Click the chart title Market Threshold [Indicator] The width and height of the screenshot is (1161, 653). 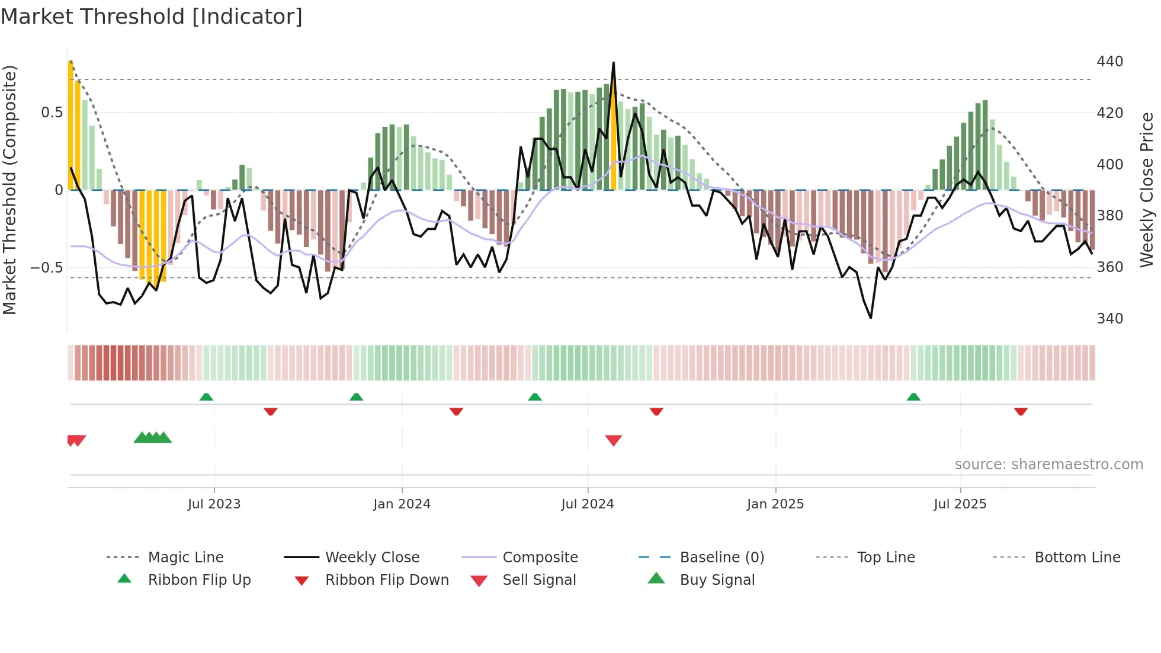point(152,17)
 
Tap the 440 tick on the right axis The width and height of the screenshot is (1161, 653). point(1109,62)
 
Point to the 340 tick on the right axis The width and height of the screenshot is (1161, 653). point(1109,319)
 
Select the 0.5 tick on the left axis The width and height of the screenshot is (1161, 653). point(52,113)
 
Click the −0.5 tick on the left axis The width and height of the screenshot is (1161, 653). point(47,267)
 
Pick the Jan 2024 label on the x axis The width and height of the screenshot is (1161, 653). point(402,504)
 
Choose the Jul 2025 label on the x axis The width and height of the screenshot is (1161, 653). point(960,504)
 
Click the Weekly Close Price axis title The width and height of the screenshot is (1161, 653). point(1147,190)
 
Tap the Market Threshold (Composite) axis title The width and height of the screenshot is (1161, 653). point(9,190)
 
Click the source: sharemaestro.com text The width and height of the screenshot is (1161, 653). point(1048,465)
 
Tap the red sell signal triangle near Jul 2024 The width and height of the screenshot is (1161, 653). point(614,440)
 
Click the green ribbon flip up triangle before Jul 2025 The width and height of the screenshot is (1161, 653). point(913,397)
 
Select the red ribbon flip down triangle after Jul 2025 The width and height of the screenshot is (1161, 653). point(1021,411)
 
